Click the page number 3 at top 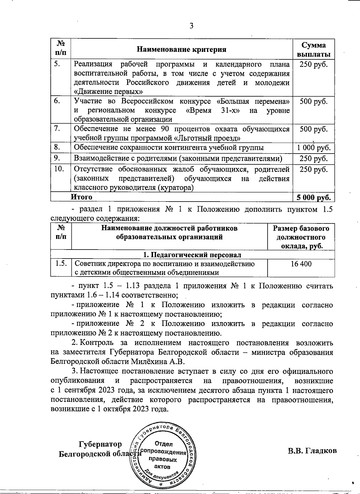(x=191, y=26)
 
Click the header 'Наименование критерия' (x=181, y=49)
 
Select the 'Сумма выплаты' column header (x=313, y=50)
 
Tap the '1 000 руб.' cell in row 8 (x=313, y=148)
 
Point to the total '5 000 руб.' (x=313, y=197)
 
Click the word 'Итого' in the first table (x=82, y=197)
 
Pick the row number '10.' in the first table (x=59, y=169)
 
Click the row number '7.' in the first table (x=58, y=129)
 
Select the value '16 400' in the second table (x=301, y=264)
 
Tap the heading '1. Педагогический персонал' (x=192, y=255)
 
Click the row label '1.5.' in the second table (x=61, y=264)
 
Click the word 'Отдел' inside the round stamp (x=163, y=444)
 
